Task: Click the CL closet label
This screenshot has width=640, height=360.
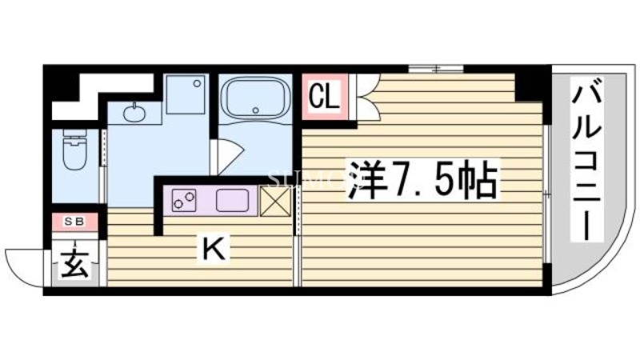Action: pos(325,97)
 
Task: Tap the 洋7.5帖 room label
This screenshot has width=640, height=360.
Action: pos(423,182)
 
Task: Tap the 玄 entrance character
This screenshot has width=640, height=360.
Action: pos(74,264)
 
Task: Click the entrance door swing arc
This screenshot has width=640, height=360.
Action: pos(24,264)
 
